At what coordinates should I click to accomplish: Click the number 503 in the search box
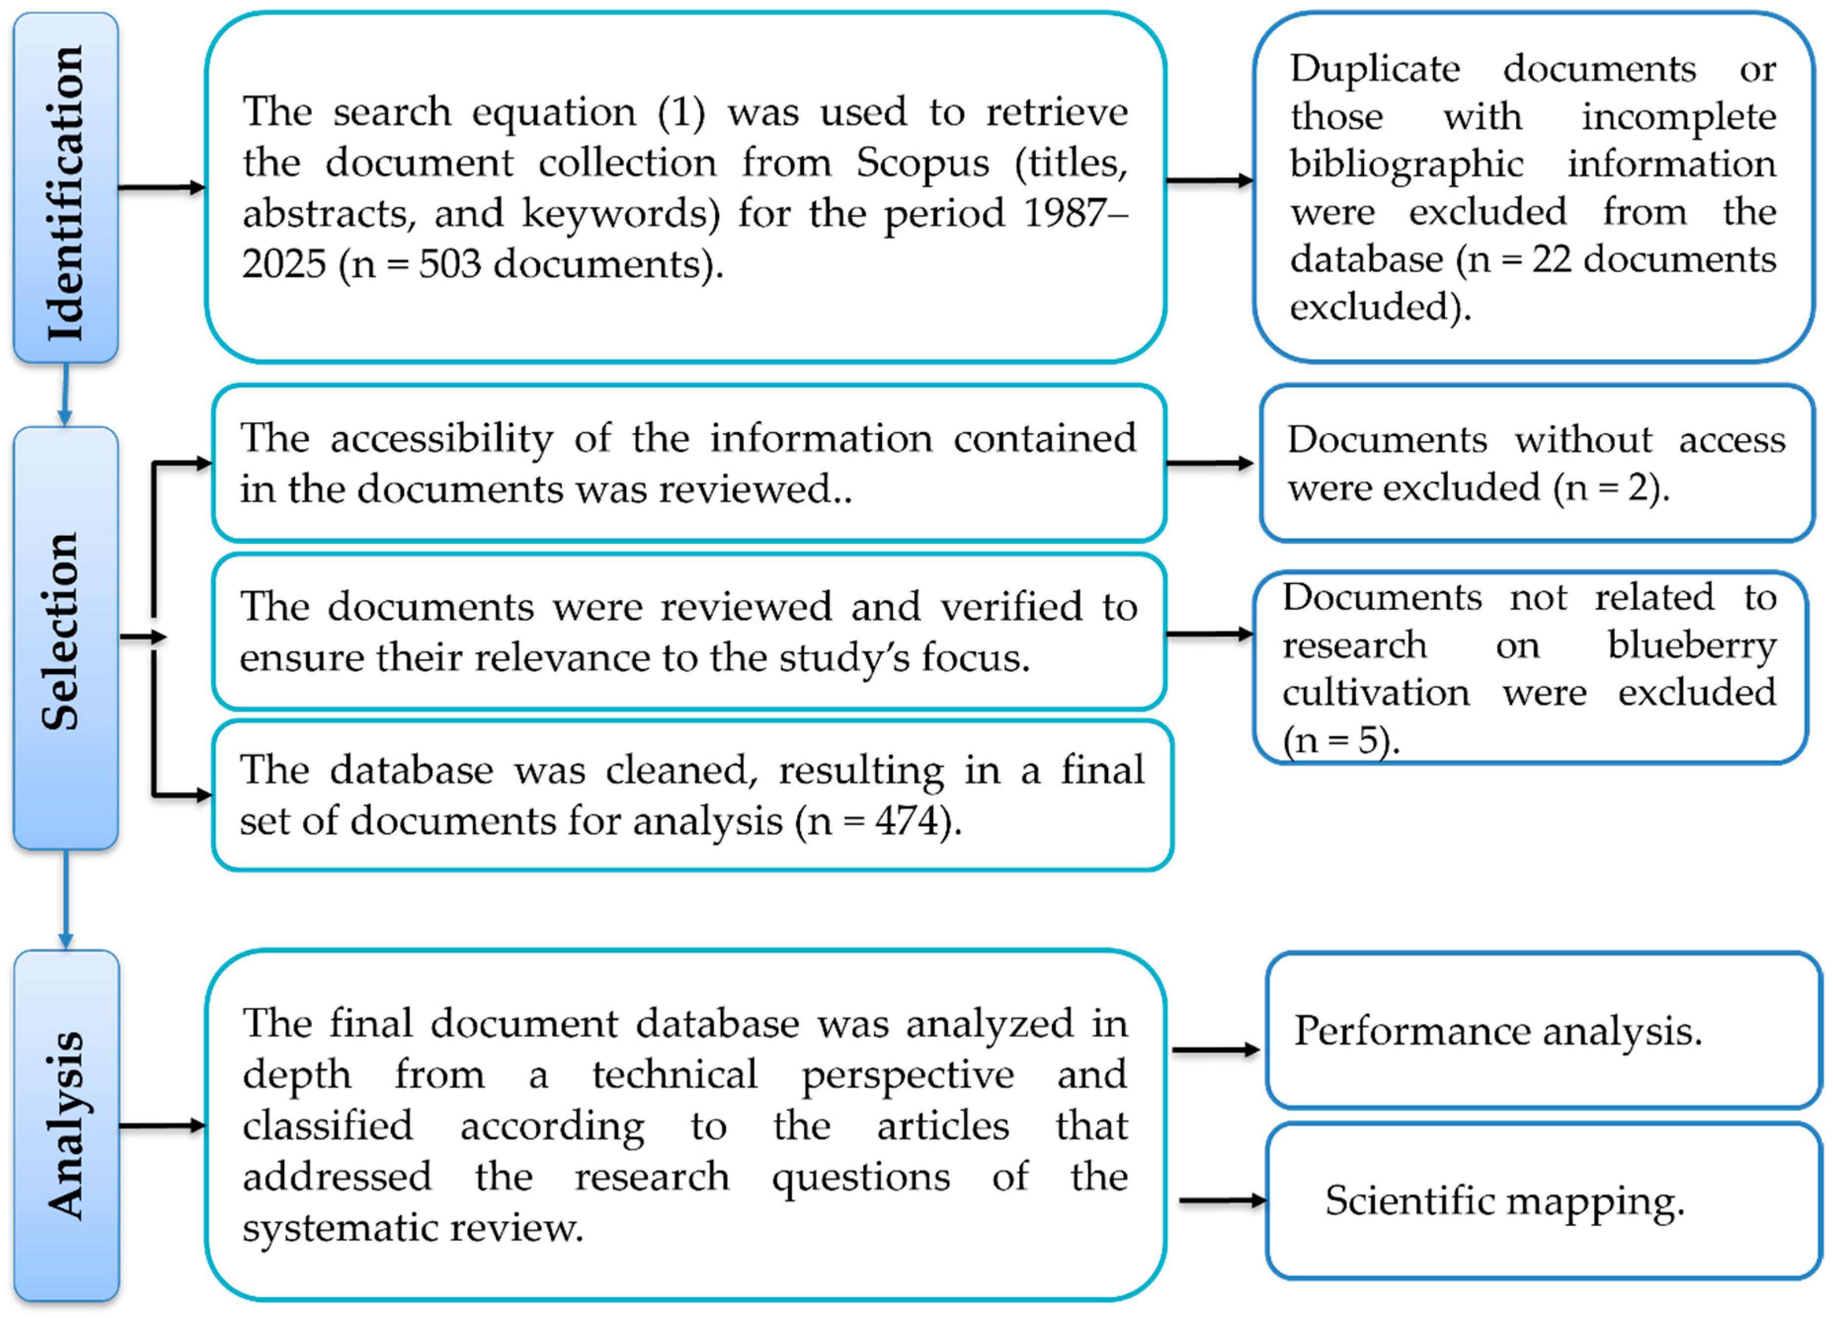449,264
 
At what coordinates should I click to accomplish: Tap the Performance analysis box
1542,1030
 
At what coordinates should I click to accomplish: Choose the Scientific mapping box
1542,1201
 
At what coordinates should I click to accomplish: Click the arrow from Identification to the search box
161,188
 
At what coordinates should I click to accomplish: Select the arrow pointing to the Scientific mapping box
1222,1201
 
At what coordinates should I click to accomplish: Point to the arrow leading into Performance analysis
1216,1050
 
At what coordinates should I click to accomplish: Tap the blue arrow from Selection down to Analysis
66,899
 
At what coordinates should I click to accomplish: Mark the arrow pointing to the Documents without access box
1209,463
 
